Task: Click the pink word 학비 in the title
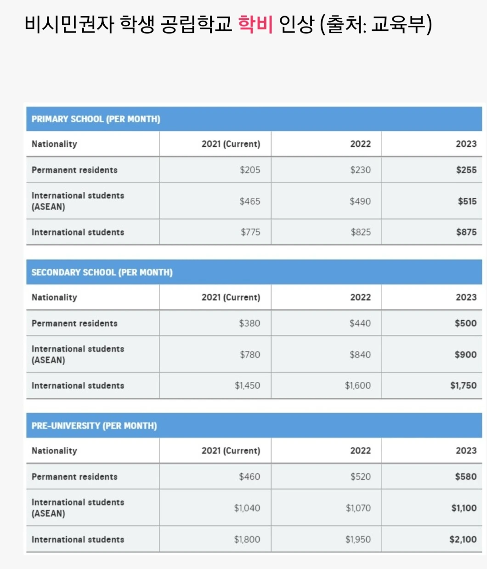tap(255, 24)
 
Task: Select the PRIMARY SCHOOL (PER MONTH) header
tap(96, 119)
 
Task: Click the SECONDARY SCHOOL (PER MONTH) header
tap(102, 273)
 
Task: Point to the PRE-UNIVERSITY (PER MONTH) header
tap(94, 426)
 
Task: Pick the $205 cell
tap(249, 170)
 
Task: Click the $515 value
tap(467, 201)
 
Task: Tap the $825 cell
tap(360, 232)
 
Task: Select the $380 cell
tap(249, 323)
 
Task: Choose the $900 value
tap(465, 354)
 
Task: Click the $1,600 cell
tap(357, 385)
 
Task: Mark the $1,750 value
tap(463, 385)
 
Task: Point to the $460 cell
tap(249, 476)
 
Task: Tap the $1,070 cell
tap(358, 508)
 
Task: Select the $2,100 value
tap(463, 539)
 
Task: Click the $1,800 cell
tap(247, 539)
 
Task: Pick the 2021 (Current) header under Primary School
tap(231, 144)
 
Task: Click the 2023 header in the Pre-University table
tap(466, 451)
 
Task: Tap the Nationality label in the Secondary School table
tap(54, 297)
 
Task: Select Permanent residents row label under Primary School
tap(74, 170)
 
